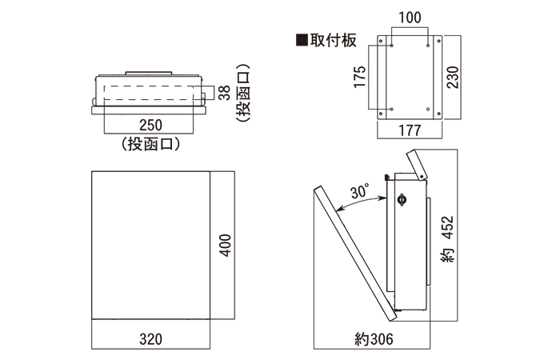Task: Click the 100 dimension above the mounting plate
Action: tap(410, 17)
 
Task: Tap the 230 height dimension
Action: tap(453, 77)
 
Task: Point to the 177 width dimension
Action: tap(410, 130)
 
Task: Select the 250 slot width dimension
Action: tap(150, 125)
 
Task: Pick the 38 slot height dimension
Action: tap(225, 94)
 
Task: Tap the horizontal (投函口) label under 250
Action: tap(150, 144)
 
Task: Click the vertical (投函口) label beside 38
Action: tap(245, 94)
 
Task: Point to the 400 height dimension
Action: tap(226, 245)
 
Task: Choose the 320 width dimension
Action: tap(150, 339)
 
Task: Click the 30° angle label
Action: tap(360, 192)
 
